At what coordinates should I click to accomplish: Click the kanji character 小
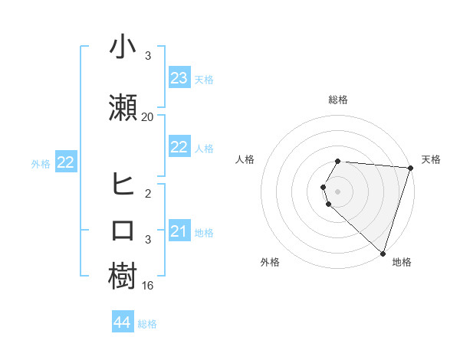pos(123,49)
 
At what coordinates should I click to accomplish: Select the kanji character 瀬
pos(123,107)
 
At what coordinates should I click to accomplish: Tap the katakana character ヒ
pos(123,185)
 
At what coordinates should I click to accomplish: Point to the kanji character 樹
pos(123,277)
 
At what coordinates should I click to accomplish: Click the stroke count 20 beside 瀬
pos(148,117)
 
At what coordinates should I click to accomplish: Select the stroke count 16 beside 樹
pos(148,286)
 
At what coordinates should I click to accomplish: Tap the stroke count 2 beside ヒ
pos(148,194)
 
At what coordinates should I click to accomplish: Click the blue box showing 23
pos(179,78)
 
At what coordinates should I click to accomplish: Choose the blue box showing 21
pos(179,231)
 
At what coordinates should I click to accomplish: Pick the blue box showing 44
pos(122,323)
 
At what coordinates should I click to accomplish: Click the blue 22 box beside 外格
pos(65,162)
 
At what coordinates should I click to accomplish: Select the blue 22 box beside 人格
pos(179,147)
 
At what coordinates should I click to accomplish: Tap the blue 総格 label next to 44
pos(147,324)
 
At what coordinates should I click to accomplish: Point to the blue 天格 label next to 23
pos(204,79)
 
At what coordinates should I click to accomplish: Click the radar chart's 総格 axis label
pos(338,100)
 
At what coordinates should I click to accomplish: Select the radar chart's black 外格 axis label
pos(270,262)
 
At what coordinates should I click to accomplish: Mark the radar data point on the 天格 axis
pos(410,169)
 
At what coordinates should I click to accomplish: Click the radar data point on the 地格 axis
pos(383,253)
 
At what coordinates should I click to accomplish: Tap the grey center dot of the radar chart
pos(338,191)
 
